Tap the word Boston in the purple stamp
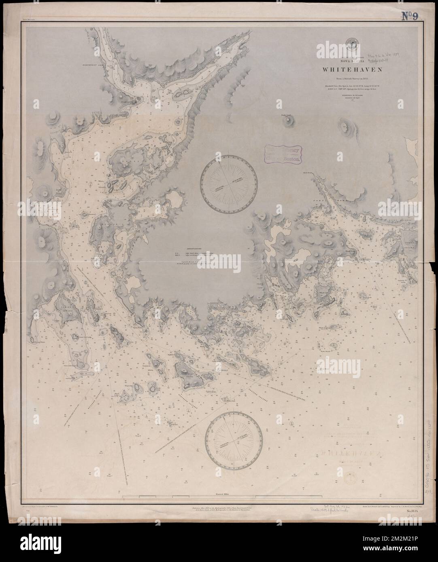click(290, 159)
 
